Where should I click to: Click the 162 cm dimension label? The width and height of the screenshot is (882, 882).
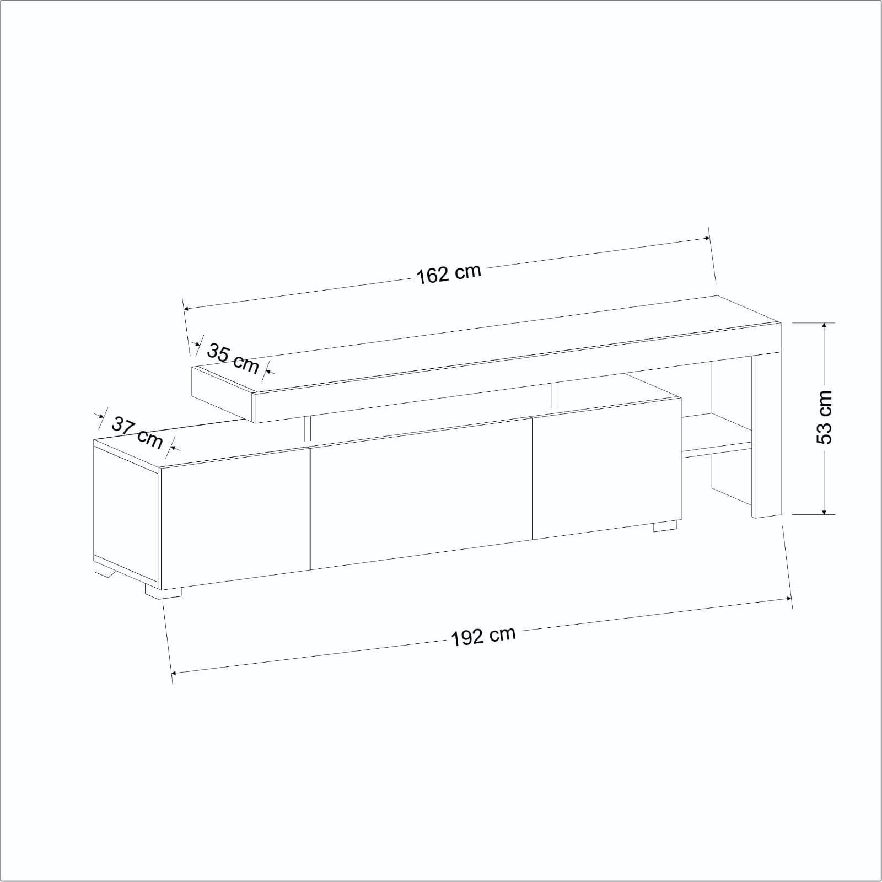pos(448,273)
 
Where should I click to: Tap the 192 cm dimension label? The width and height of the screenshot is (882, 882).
pos(483,636)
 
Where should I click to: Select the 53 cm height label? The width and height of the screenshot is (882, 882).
pos(824,417)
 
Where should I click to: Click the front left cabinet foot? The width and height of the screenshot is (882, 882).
pos(163,591)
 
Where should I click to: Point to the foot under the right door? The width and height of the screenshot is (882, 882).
pos(665,526)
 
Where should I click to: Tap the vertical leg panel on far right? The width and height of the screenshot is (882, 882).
pos(767,435)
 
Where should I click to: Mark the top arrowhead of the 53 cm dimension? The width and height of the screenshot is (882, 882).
pos(824,326)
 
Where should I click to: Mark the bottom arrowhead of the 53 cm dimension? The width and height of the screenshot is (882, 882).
pos(824,511)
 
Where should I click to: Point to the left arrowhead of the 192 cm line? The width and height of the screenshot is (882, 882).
pos(174,673)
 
